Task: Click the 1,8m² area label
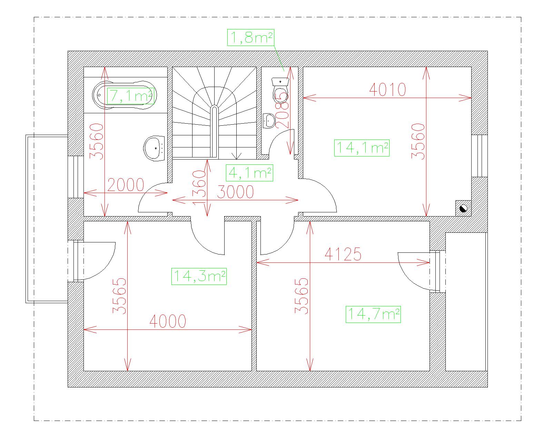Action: click(250, 38)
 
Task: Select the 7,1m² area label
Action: click(130, 96)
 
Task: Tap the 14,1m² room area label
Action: click(362, 148)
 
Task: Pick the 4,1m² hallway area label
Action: click(249, 173)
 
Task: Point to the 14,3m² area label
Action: click(199, 276)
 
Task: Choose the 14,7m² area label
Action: click(373, 314)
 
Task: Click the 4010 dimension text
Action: click(387, 90)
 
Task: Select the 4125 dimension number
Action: click(343, 254)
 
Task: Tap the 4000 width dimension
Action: click(168, 321)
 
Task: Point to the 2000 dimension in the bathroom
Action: click(126, 185)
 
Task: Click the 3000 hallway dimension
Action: click(235, 192)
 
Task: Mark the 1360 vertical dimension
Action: click(199, 188)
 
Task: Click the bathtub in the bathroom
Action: click(125, 95)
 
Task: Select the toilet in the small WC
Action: click(280, 90)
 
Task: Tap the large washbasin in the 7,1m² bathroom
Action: click(154, 148)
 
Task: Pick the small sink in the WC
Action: click(269, 121)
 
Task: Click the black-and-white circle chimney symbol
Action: click(463, 208)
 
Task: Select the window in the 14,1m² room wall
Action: click(480, 156)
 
